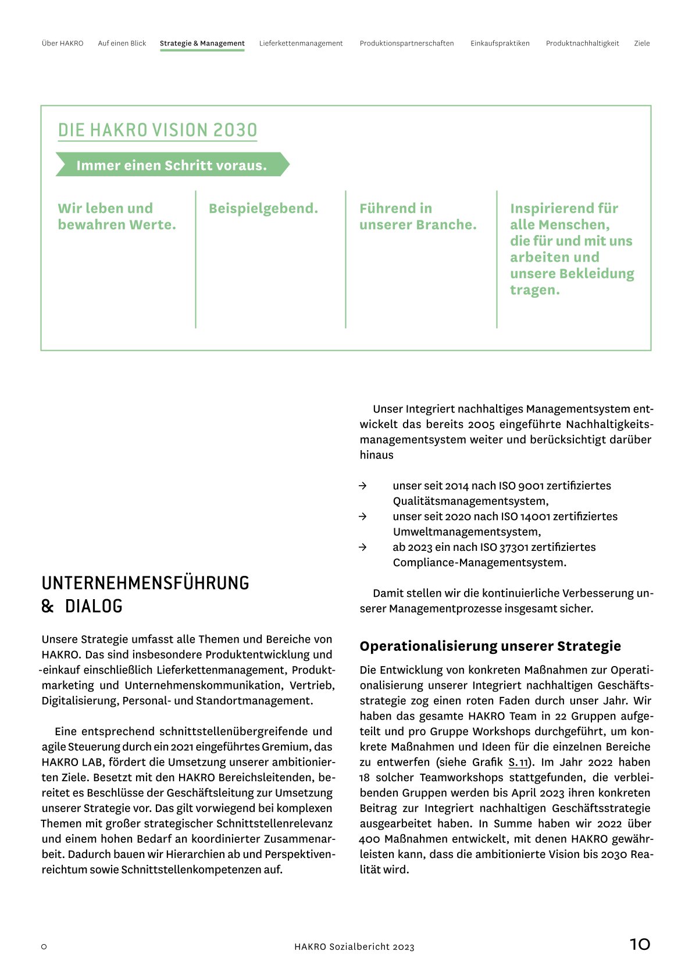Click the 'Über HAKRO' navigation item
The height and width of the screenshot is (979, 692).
click(x=62, y=44)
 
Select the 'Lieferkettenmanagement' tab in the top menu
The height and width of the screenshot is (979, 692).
click(x=301, y=44)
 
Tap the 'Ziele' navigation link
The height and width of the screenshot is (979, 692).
click(x=641, y=44)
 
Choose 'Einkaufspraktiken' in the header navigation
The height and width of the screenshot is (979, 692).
click(x=500, y=44)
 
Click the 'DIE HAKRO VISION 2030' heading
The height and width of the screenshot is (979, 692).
click(x=157, y=130)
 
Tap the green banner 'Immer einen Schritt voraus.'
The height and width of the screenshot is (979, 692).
click(x=172, y=165)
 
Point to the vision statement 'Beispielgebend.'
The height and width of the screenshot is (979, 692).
click(x=263, y=208)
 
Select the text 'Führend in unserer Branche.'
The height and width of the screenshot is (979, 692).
click(x=418, y=216)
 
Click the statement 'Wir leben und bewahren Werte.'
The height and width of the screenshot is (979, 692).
click(x=116, y=216)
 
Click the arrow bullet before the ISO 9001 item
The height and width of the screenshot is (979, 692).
click(x=363, y=486)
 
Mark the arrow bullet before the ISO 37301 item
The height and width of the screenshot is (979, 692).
click(x=363, y=547)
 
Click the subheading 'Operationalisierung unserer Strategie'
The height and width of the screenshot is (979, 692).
click(x=490, y=646)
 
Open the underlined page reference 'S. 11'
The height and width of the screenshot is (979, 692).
click(x=519, y=763)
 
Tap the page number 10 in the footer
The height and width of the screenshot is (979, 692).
click(x=640, y=944)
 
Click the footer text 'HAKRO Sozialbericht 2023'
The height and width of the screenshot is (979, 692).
click(x=354, y=947)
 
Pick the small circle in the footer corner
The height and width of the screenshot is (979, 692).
click(x=44, y=947)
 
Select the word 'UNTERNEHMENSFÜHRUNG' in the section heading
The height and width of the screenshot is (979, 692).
click(x=145, y=583)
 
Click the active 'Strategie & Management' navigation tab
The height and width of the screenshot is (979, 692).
click(x=202, y=44)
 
